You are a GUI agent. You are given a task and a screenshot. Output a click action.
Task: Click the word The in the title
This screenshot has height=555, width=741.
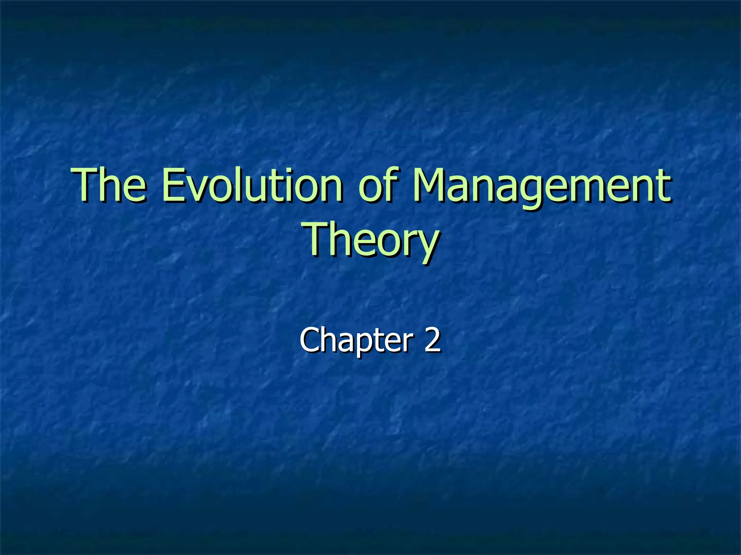[x=110, y=185]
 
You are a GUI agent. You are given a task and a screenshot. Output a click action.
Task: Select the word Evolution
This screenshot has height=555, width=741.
[x=252, y=185]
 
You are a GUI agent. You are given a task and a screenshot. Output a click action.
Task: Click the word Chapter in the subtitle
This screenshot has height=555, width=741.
[x=356, y=340]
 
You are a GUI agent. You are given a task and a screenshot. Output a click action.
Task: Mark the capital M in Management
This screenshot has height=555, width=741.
[x=432, y=185]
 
